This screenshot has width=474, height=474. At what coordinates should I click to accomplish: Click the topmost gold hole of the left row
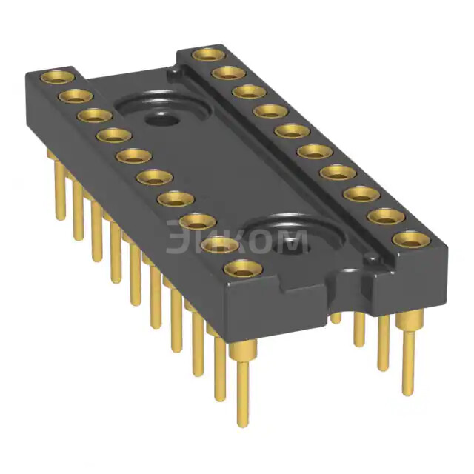[x=57, y=76]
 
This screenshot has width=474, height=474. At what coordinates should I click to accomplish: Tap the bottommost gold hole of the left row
[x=244, y=269]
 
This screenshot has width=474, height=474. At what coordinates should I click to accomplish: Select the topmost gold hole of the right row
[x=209, y=54]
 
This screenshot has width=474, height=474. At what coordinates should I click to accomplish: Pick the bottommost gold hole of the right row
[x=412, y=240]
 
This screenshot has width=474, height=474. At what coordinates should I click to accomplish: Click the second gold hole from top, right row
[x=229, y=74]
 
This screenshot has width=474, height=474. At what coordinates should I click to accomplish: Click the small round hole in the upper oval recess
[x=162, y=118]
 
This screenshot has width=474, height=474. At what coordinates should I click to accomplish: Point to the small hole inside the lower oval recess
[x=292, y=245]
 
